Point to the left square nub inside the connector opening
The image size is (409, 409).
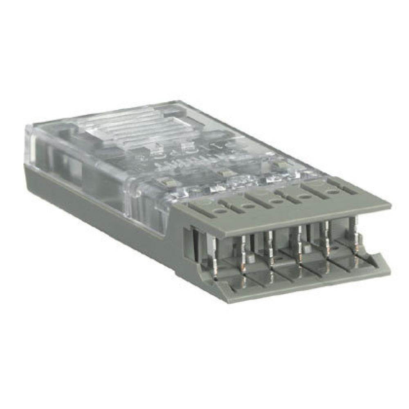click(x=250, y=258)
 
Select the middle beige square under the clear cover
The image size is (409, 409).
click(x=223, y=173)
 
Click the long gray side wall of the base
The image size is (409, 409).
click(x=102, y=213)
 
